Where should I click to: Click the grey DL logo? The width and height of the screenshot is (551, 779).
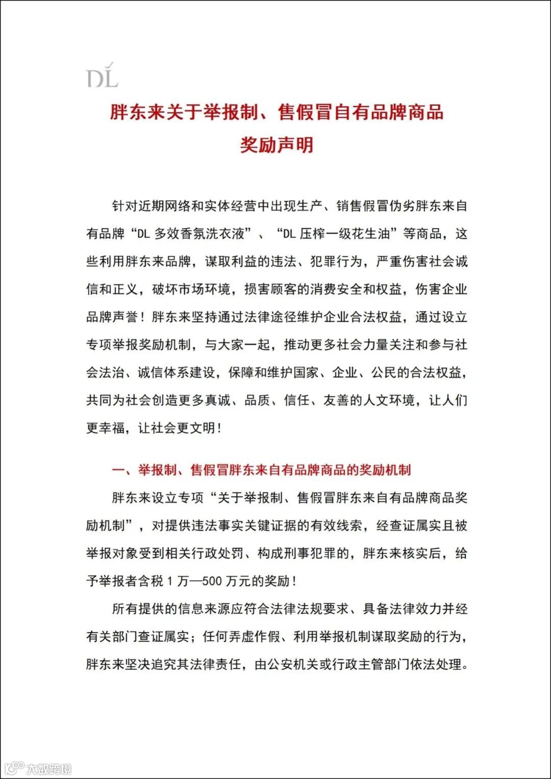pyautogui.click(x=102, y=76)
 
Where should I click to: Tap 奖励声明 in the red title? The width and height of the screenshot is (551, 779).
pyautogui.click(x=277, y=145)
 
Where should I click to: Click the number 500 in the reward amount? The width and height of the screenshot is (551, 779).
pyautogui.click(x=212, y=581)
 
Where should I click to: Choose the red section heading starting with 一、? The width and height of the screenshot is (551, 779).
pyautogui.click(x=261, y=470)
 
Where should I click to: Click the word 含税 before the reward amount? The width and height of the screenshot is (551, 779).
pyautogui.click(x=151, y=581)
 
